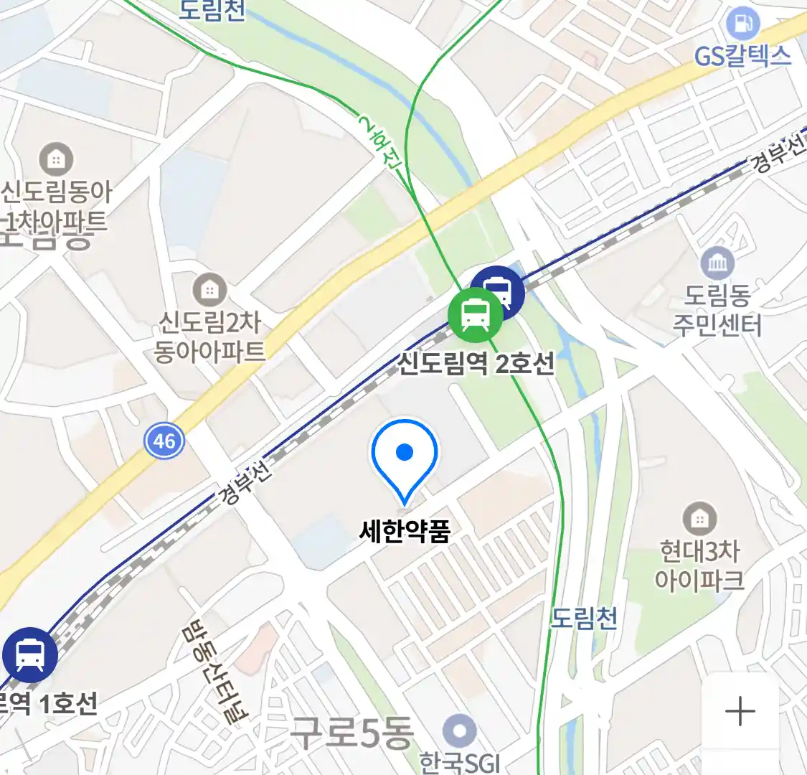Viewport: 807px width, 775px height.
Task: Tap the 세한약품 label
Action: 405,532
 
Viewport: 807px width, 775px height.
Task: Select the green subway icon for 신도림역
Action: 475,314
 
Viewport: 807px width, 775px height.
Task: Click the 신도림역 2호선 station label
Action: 476,364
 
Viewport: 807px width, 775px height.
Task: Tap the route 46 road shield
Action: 164,440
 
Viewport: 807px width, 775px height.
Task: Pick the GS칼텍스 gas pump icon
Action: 742,24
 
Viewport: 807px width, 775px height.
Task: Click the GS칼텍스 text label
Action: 742,56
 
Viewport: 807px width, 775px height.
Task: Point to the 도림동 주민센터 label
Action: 717,310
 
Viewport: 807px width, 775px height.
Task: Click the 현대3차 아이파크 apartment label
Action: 699,565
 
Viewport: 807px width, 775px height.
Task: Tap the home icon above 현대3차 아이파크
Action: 699,518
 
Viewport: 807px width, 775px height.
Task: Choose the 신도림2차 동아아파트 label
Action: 209,337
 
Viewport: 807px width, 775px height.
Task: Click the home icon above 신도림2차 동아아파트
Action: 209,290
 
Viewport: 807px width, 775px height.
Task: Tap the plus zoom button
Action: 740,712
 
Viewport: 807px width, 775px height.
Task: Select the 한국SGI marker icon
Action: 459,732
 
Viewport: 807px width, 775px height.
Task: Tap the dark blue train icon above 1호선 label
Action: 29,654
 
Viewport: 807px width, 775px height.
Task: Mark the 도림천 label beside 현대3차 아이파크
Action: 584,617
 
